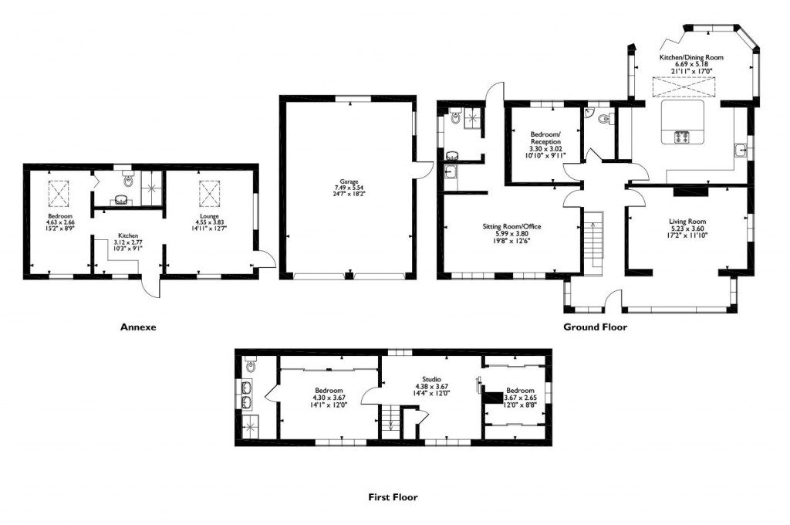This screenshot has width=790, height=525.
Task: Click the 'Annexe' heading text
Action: [x=139, y=327]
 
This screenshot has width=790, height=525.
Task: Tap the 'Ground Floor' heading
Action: [x=595, y=327]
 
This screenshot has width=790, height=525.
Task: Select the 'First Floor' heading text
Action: [x=393, y=497]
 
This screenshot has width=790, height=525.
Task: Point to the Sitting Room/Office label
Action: [x=511, y=226]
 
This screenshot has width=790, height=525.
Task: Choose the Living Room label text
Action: [x=687, y=222]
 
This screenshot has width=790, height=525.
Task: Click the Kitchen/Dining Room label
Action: [x=691, y=58]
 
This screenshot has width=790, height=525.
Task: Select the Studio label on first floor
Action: [x=431, y=380]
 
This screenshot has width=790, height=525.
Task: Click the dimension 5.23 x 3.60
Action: [x=687, y=229]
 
